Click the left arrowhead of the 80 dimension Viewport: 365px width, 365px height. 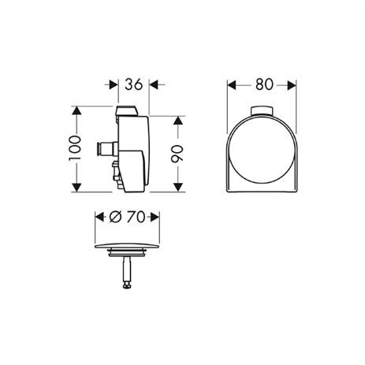coord(232,84)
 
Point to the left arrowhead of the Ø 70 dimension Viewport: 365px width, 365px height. coord(99,216)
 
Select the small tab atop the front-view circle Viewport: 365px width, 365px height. coord(259,109)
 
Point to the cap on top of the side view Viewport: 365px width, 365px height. coord(128,110)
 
